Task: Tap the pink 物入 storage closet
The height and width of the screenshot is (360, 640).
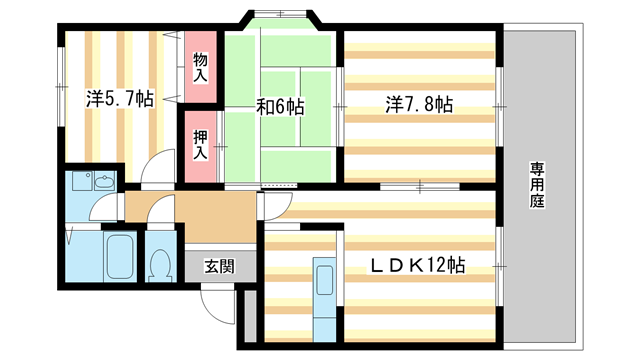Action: click(200, 68)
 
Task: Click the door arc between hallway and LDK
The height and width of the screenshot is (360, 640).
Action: click(270, 207)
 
